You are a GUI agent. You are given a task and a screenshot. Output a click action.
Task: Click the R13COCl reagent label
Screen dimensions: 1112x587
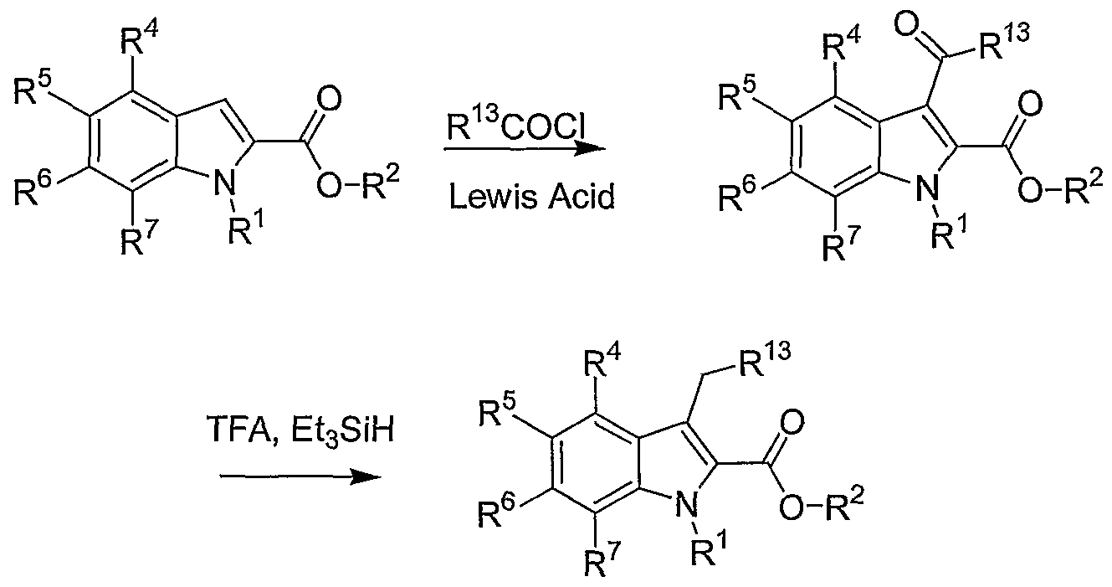pos(515,126)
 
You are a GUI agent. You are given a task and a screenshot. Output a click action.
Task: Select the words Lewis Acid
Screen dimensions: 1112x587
pos(531,197)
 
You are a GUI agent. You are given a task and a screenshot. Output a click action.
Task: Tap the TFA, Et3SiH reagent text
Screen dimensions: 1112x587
pos(301,430)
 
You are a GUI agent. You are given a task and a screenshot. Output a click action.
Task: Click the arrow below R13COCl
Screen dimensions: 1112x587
pos(525,148)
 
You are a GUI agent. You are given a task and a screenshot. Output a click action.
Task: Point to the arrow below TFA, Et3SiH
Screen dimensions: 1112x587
pos(300,477)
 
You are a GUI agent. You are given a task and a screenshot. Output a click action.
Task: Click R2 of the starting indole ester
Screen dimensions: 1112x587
pos(380,185)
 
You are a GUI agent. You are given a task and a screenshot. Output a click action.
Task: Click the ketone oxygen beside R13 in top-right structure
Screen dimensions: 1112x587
pos(908,26)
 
